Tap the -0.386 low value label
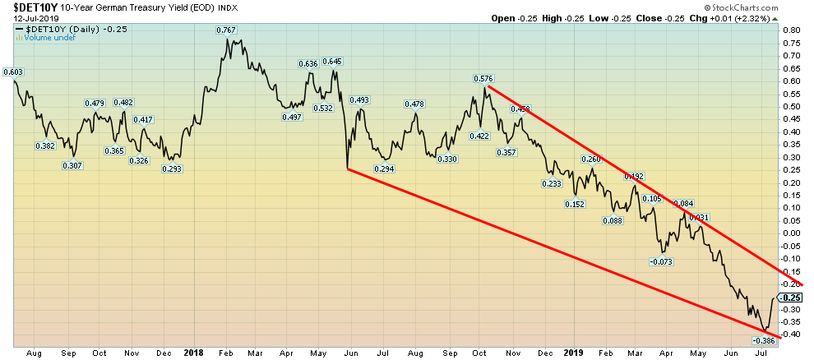(764, 339)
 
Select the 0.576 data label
(483, 78)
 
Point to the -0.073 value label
(661, 262)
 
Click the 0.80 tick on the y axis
(792, 30)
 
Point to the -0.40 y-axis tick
(792, 335)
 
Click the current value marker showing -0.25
(792, 297)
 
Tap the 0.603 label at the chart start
(12, 72)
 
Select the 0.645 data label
(332, 62)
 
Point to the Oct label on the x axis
(99, 353)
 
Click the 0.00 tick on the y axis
(792, 233)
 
